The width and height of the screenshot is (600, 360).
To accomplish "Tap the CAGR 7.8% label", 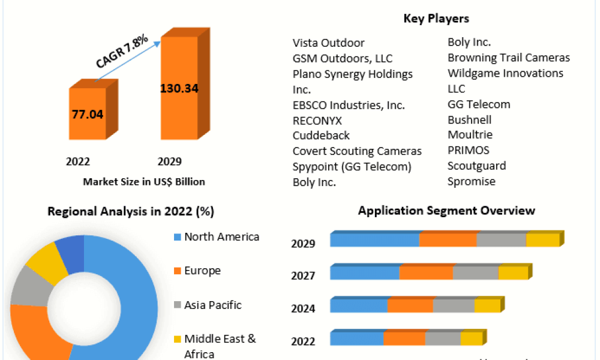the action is click(x=122, y=51).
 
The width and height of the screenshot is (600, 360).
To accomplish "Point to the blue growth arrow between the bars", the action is click(x=128, y=61).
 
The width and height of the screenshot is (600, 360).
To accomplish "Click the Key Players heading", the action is click(x=436, y=19).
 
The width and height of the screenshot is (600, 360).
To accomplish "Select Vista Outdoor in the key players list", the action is click(x=329, y=43).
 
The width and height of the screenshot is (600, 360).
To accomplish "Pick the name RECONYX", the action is click(x=317, y=121).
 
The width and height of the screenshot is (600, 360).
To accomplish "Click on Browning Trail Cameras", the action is click(x=509, y=58).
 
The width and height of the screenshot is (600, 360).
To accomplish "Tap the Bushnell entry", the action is click(x=470, y=120).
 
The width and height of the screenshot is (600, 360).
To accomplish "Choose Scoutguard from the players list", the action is click(x=477, y=166).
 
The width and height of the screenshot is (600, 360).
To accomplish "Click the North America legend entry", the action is click(x=217, y=237).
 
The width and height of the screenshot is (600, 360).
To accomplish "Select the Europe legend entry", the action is click(x=197, y=271).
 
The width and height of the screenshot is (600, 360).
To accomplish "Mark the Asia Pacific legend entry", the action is click(x=208, y=305).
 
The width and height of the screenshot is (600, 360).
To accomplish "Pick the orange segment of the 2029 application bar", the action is click(x=448, y=239).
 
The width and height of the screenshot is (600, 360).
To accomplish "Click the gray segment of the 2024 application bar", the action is click(x=454, y=305).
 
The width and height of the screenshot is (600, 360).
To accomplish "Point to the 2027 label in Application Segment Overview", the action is click(x=303, y=275).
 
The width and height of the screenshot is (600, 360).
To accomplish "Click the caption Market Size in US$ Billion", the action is click(x=144, y=182).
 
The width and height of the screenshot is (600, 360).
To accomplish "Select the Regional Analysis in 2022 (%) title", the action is click(x=131, y=211).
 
